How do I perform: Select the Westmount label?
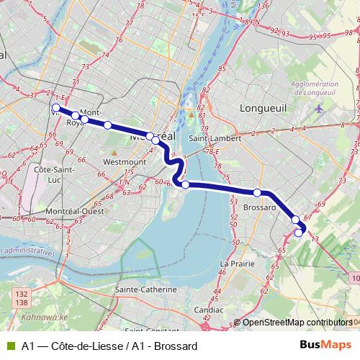[125, 163]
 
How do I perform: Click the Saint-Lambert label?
[210, 139]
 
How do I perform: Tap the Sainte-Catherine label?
[145, 289]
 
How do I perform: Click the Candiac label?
[208, 310]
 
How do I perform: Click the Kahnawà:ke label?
[43, 318]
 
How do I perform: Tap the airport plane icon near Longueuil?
[320, 109]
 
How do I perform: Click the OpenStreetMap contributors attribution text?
[297, 323]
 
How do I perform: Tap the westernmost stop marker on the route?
[55, 109]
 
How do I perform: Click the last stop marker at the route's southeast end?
[300, 232]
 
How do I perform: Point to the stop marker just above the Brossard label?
[257, 192]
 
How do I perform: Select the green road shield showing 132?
[21, 294]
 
